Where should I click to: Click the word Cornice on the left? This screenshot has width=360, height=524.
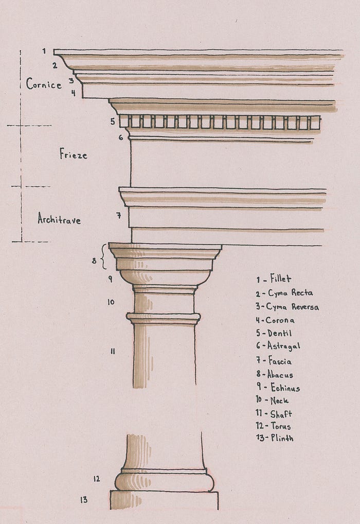[x=44, y=83]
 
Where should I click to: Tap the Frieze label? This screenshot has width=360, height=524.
[x=74, y=154]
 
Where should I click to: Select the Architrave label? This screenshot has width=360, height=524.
[x=59, y=219]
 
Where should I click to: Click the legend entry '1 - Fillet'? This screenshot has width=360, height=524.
[x=274, y=278]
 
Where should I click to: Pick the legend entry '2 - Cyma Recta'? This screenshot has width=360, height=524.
[x=284, y=293]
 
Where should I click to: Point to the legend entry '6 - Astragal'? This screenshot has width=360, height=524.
[x=278, y=346]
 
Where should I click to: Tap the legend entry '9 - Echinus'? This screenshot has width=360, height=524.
[x=278, y=387]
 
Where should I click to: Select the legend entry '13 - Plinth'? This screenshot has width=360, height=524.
[x=275, y=438]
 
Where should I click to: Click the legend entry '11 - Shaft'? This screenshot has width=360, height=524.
[x=274, y=414]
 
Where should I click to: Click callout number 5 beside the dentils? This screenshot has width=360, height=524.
[x=113, y=121]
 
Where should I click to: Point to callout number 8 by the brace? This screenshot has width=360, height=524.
[x=94, y=260]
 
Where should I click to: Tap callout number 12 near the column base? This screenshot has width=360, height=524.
[x=97, y=479]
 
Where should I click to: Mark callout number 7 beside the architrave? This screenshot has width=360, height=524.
[x=119, y=216]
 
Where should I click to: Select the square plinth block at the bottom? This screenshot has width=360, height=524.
[x=164, y=500]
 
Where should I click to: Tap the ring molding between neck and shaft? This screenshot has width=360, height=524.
[x=164, y=318]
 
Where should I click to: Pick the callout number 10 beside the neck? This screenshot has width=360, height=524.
[x=111, y=302]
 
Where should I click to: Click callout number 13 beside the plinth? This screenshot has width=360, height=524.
[x=83, y=500]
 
